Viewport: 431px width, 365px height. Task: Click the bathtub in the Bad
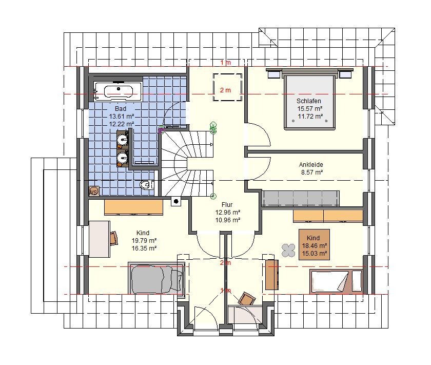pyautogui.click(x=118, y=91)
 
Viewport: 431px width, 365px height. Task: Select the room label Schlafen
pyautogui.click(x=309, y=101)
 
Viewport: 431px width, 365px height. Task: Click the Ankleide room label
pyautogui.click(x=311, y=164)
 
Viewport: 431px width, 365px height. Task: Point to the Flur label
pyautogui.click(x=227, y=204)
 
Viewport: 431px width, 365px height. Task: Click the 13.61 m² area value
pyautogui.click(x=122, y=116)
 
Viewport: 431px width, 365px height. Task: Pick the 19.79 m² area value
pyautogui.click(x=144, y=240)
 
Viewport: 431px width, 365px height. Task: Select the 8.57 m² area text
pyautogui.click(x=312, y=172)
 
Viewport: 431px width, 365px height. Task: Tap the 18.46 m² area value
pyautogui.click(x=315, y=245)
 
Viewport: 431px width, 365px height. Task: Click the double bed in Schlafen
pyautogui.click(x=310, y=99)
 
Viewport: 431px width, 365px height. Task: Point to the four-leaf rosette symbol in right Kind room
pyautogui.click(x=288, y=251)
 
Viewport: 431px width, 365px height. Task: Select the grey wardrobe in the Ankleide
pyautogui.click(x=300, y=198)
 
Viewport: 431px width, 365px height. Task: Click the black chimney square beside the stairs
pyautogui.click(x=176, y=202)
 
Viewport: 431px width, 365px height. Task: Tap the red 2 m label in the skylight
pyautogui.click(x=225, y=90)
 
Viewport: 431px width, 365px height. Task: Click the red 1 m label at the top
pyautogui.click(x=225, y=63)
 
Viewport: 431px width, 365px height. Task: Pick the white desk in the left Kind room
pyautogui.click(x=100, y=239)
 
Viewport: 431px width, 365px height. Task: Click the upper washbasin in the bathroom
pyautogui.click(x=123, y=139)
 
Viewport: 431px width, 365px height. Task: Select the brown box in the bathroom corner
pyautogui.click(x=94, y=191)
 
